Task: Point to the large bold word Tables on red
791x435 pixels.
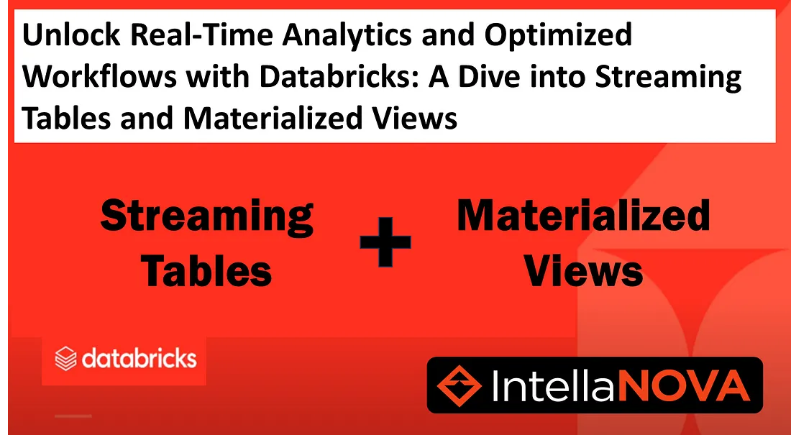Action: click(206, 270)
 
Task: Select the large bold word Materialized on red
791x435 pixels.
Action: click(584, 216)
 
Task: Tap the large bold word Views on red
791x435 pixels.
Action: click(584, 270)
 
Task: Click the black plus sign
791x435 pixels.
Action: click(385, 242)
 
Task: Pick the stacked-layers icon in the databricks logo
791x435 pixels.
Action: click(65, 359)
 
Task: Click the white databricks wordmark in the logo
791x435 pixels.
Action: click(138, 358)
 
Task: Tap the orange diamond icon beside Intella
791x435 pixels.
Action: click(459, 385)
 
